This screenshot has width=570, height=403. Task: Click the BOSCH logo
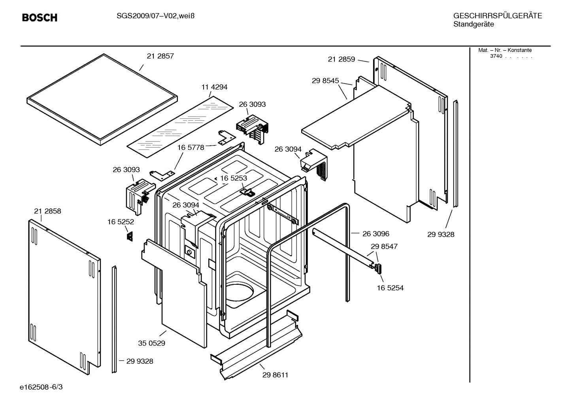pos(40,18)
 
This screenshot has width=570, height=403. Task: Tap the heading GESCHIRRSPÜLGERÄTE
pos(497,16)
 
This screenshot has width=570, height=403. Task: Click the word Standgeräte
pos(473,25)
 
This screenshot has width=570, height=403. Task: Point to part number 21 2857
pos(160,56)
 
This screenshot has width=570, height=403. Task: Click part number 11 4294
pos(214,87)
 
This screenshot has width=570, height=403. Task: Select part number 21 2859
pos(341,59)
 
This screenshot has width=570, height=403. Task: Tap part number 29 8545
pos(325,81)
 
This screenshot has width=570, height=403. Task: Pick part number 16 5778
pos(191,148)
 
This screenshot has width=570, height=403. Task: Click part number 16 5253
pos(233,178)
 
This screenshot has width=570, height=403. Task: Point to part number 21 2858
pos(47,211)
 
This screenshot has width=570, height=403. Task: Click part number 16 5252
pos(121,222)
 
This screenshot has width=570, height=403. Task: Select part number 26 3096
pos(376,234)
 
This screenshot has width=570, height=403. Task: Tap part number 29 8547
pos(384,246)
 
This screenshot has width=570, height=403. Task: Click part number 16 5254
pos(390,288)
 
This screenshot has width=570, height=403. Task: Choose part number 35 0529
pos(151,343)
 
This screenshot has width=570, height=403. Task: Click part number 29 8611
pos(275,375)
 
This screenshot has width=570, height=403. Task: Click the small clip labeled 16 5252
pos(129,237)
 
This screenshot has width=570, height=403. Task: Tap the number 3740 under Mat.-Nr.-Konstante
pos(496,56)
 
